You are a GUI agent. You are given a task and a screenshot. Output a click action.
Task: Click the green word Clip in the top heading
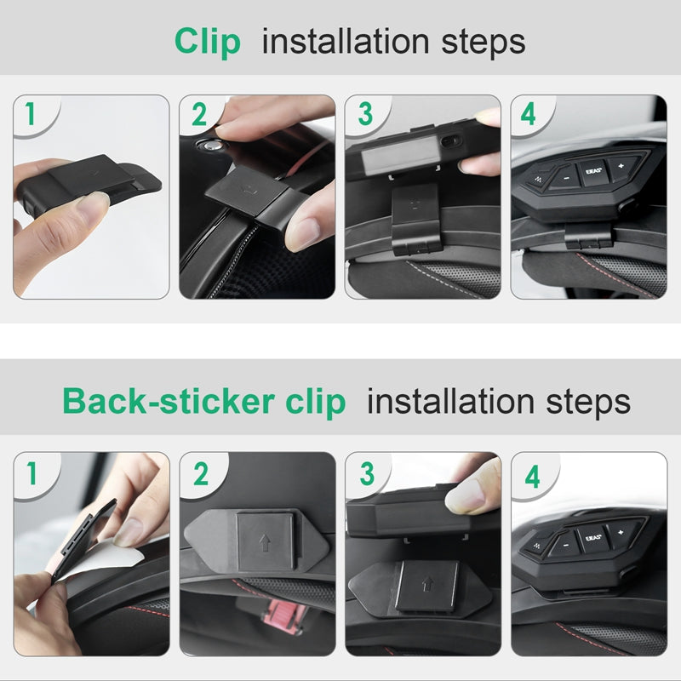(207, 43)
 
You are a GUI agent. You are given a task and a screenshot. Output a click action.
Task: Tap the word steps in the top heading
(483, 43)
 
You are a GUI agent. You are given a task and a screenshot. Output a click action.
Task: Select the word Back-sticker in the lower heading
(169, 401)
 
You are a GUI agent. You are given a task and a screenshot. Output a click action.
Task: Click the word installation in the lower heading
(450, 401)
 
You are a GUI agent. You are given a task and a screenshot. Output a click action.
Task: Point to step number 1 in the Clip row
(30, 113)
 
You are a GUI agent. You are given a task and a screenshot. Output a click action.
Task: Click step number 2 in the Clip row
(199, 114)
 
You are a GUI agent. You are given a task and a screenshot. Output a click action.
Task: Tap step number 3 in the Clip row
(365, 114)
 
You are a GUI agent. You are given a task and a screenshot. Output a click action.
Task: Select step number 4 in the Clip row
(528, 114)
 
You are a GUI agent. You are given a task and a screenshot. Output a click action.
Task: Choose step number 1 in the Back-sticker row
(31, 473)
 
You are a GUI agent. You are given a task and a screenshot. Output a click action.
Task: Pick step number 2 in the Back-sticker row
(201, 474)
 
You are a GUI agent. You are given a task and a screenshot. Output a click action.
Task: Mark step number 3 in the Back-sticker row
(367, 473)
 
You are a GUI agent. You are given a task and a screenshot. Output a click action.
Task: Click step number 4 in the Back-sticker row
(532, 477)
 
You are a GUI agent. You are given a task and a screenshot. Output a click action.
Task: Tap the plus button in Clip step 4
(622, 166)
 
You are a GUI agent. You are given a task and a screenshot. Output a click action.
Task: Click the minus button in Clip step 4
(565, 178)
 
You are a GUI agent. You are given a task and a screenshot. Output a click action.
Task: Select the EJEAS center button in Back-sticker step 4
(592, 539)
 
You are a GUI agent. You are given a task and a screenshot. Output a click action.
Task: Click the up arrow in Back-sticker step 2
(265, 542)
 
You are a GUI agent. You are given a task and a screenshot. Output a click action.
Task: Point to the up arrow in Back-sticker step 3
(428, 584)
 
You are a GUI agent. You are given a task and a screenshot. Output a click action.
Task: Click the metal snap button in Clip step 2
(210, 146)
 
